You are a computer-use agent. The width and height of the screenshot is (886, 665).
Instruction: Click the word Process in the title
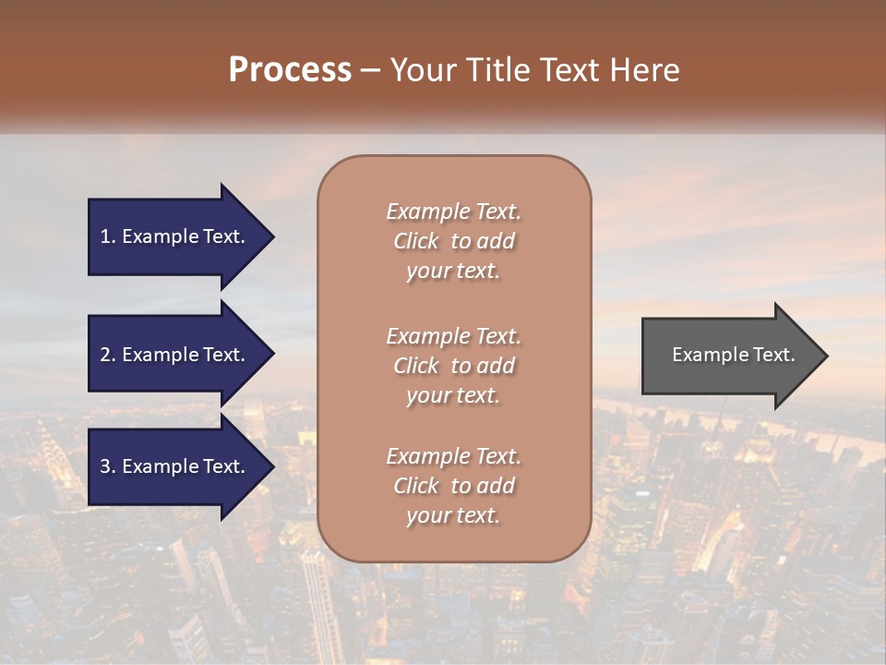(290, 70)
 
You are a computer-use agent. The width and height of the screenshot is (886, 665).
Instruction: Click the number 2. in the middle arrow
(108, 355)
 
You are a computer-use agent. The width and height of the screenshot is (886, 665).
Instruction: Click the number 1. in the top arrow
(108, 236)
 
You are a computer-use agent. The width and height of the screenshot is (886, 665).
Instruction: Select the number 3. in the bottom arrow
(108, 466)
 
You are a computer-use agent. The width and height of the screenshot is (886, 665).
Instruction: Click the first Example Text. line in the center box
(453, 212)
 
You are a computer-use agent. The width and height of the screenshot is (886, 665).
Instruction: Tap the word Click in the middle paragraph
(415, 366)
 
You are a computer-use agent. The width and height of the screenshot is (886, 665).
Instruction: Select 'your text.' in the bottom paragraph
(453, 516)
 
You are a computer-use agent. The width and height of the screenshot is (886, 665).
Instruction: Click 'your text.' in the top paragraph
(453, 272)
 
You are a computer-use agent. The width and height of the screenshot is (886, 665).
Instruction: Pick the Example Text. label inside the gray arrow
(733, 355)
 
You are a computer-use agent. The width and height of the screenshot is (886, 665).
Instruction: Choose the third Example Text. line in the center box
(453, 456)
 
